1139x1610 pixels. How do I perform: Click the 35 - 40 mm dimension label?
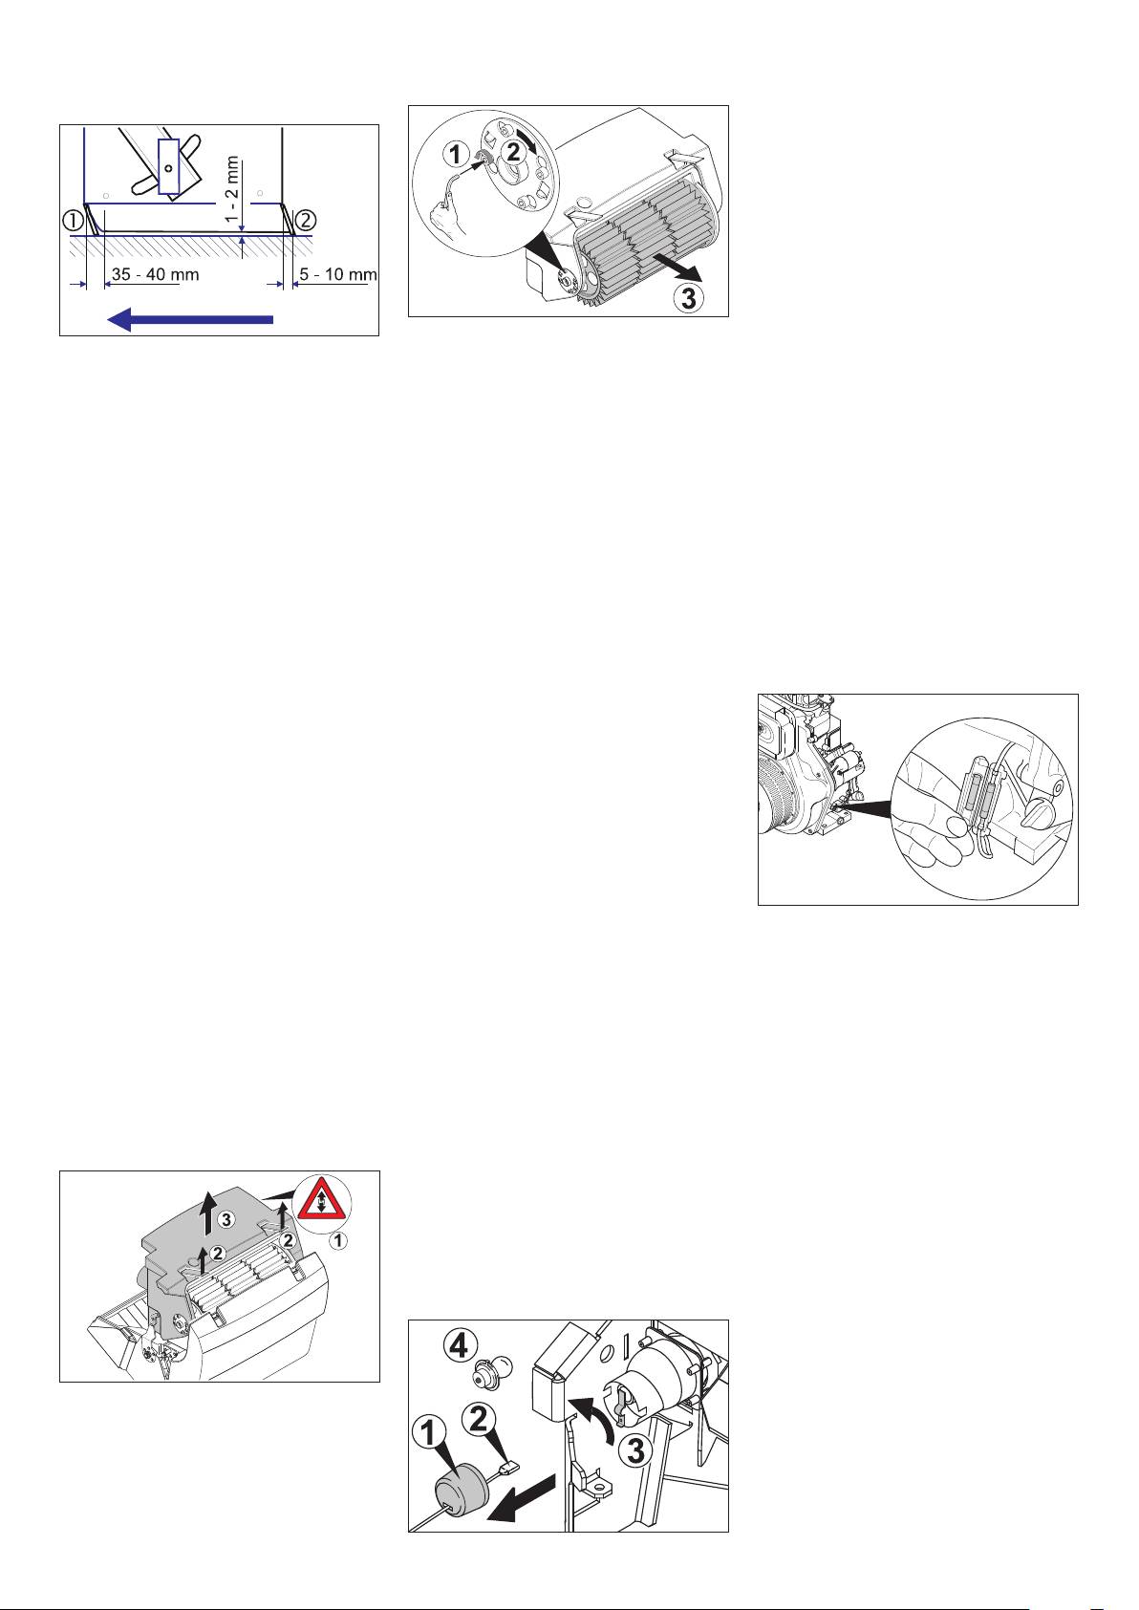[x=155, y=274]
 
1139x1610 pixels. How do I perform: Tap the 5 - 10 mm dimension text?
[x=337, y=274]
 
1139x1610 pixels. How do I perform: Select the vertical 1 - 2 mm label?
[x=232, y=190]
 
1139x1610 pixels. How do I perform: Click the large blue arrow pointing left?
[x=190, y=319]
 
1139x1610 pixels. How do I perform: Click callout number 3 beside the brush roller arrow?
[x=688, y=297]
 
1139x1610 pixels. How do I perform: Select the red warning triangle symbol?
[x=320, y=1199]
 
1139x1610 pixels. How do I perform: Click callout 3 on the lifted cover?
[x=226, y=1219]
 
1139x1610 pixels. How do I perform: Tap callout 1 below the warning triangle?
[x=338, y=1240]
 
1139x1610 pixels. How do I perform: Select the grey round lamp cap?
[x=461, y=1481]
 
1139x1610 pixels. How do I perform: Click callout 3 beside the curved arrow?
[x=636, y=1449]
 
